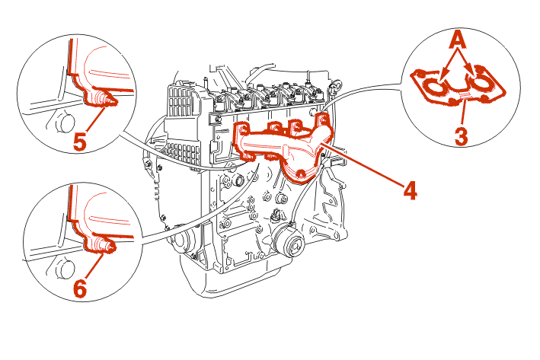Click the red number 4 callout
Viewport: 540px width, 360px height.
[410, 190]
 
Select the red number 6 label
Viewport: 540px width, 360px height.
[81, 288]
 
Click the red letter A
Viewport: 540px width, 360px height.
[458, 38]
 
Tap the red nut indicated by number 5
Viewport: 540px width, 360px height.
[102, 99]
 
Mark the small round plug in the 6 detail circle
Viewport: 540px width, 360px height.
[64, 269]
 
